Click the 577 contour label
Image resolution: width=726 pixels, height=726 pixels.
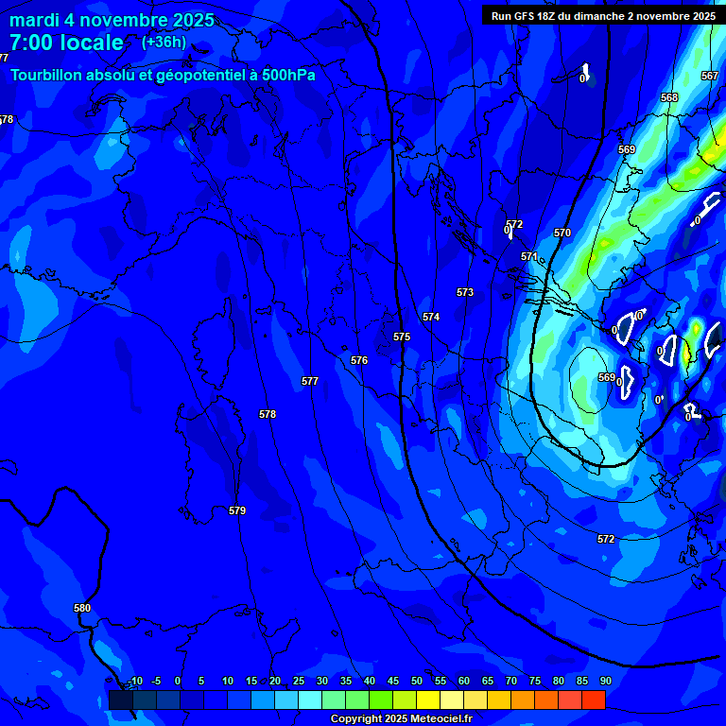[310, 381]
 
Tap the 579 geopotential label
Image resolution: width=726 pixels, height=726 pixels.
[237, 510]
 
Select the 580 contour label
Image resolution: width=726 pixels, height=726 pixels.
[82, 608]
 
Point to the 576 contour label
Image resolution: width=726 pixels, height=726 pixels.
[359, 360]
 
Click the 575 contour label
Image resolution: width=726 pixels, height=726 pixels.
[402, 337]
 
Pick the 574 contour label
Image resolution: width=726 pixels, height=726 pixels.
[431, 317]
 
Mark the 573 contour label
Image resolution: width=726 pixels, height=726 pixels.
[465, 292]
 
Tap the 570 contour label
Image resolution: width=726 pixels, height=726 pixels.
[562, 233]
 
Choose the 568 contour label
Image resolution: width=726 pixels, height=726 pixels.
[669, 97]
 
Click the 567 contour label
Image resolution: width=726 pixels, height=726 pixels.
[710, 76]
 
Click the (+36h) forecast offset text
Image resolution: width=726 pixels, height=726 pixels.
[164, 43]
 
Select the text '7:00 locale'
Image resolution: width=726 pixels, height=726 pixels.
[66, 43]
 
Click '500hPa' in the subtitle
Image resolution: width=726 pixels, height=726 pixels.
[287, 75]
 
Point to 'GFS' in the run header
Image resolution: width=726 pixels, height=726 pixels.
[526, 16]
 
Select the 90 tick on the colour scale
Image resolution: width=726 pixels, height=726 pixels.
[605, 681]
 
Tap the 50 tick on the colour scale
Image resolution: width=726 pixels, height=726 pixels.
[417, 681]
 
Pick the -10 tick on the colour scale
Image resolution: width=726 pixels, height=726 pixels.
[134, 681]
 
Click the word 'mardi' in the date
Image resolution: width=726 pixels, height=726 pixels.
[35, 20]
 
